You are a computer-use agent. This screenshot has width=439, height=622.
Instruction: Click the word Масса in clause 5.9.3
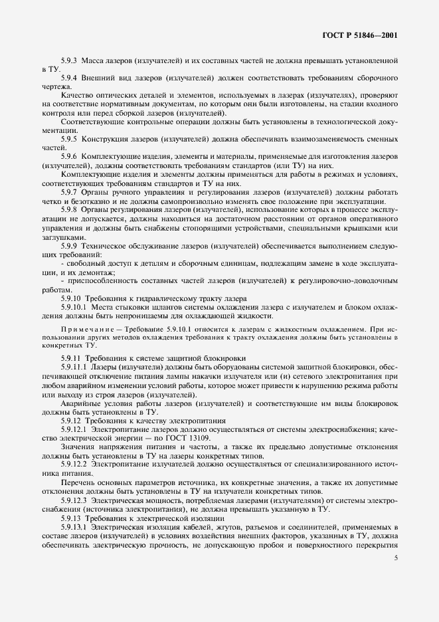(x=97, y=60)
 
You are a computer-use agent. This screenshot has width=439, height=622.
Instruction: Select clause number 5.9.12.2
(x=74, y=465)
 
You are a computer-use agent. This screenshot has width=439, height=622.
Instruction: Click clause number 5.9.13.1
(x=74, y=527)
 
